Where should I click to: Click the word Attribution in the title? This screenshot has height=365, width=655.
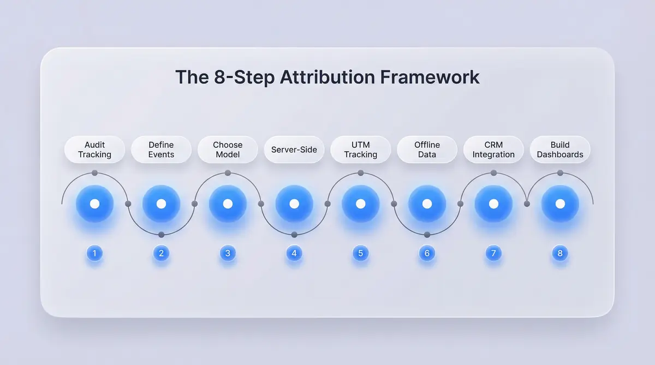coord(327,77)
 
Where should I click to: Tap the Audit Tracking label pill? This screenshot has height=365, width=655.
coord(94,149)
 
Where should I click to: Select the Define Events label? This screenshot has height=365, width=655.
coord(161,149)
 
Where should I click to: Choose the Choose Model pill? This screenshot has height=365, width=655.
coord(228,149)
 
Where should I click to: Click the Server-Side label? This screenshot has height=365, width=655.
coord(294,149)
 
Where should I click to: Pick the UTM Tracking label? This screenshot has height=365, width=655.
coord(361,149)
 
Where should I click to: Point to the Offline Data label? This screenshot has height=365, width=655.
coord(427,149)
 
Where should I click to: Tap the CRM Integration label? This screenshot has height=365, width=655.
coord(493,149)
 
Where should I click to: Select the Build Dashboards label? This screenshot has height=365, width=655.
coord(560,149)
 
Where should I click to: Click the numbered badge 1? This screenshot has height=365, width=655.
coord(94,253)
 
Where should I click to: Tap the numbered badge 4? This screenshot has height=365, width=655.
coord(294,253)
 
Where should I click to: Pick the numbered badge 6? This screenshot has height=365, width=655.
coord(427,253)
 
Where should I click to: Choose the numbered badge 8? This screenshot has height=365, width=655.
coord(560,253)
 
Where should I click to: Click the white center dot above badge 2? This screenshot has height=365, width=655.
coord(161,204)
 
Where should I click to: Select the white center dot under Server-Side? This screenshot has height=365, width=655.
coord(294,204)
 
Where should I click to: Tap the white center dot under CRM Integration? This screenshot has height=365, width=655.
coord(493,204)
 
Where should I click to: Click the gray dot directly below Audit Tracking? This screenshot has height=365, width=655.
coord(94,173)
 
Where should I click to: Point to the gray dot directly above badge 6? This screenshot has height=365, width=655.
coord(427,235)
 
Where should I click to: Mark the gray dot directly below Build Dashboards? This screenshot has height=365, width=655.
coord(560,173)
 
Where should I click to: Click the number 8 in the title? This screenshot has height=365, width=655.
coord(219,77)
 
